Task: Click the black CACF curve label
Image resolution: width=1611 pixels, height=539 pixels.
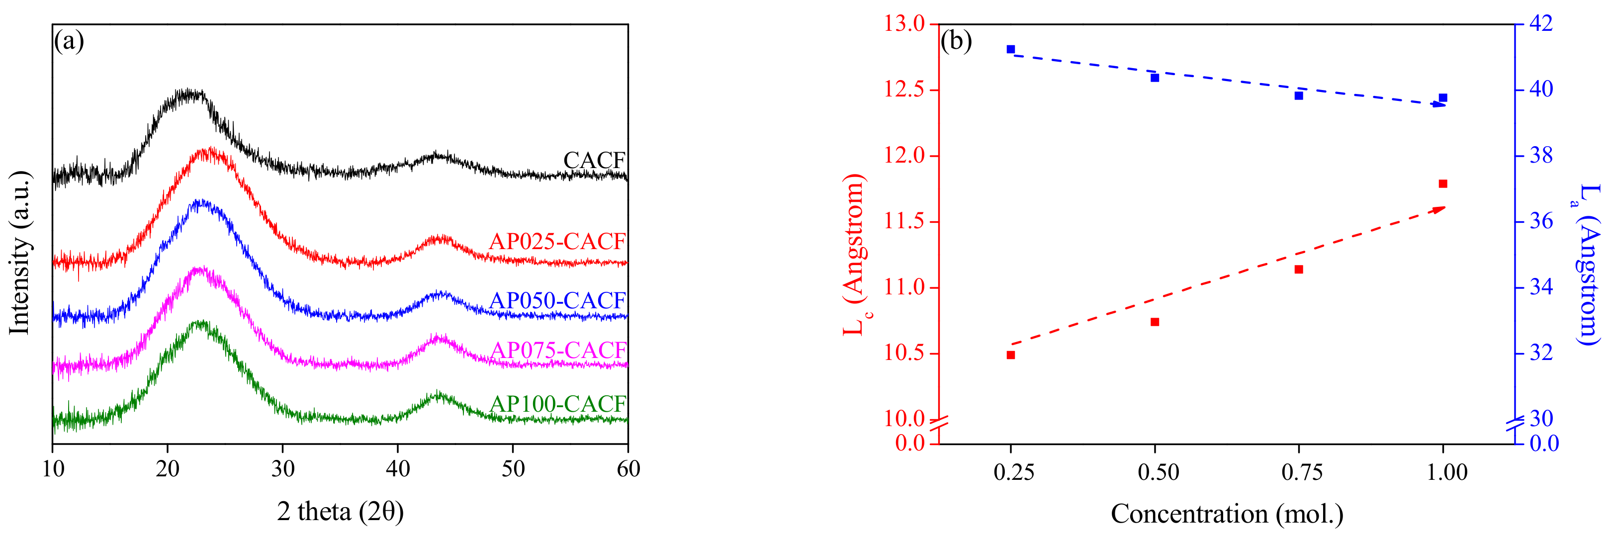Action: click(594, 161)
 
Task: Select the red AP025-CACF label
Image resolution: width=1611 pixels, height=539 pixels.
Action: click(556, 241)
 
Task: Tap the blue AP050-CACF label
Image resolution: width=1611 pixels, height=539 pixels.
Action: click(556, 301)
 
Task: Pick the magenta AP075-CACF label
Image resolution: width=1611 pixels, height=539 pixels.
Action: click(558, 351)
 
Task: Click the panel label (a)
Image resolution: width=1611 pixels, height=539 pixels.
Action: click(69, 41)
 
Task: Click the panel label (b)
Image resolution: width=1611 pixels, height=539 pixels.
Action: click(956, 41)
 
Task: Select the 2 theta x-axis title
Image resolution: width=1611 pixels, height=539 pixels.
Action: click(340, 512)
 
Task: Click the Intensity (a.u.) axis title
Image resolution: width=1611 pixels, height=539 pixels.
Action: click(20, 252)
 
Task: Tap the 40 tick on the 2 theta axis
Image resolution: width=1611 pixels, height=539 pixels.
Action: click(398, 469)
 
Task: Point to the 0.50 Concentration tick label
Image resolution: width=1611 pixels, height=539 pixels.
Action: click(1158, 472)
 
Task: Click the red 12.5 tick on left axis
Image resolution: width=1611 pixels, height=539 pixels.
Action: click(904, 90)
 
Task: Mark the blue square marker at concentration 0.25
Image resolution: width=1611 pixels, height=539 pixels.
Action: click(1011, 49)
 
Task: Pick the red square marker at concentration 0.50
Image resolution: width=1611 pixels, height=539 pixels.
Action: click(1155, 322)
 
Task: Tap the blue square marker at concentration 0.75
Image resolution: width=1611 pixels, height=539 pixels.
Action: click(1299, 95)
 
